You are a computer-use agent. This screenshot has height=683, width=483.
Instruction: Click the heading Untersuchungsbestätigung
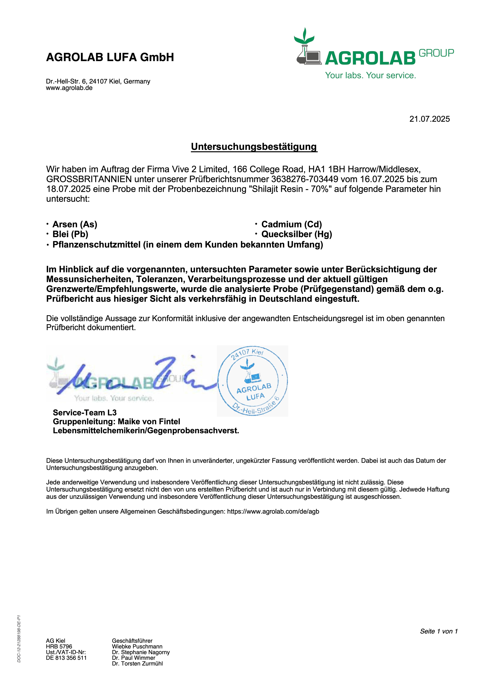click(x=254, y=147)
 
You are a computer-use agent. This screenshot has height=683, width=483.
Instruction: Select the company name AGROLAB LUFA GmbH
click(x=110, y=57)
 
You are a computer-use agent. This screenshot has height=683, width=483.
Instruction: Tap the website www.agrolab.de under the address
click(x=69, y=88)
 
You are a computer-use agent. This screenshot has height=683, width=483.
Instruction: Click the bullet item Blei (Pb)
click(x=70, y=234)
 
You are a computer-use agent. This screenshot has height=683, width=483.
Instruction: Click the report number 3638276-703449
click(x=305, y=179)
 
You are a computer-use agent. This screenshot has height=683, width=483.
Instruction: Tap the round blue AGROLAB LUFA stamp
click(x=252, y=381)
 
